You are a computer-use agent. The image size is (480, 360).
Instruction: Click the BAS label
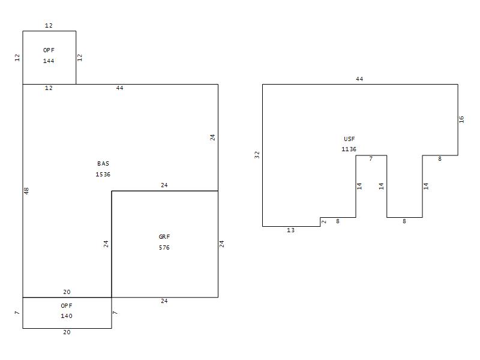coord(103,163)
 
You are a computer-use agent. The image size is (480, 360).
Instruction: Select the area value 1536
coord(103,174)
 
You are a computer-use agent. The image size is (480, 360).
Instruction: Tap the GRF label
coord(164,236)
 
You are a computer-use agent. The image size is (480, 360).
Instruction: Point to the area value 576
coord(164,247)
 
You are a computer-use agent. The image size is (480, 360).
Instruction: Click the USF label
coord(349,139)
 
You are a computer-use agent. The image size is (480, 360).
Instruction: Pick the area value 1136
coord(349,149)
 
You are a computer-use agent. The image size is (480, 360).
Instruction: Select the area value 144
coord(49,61)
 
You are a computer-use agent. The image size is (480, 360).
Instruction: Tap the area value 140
coord(67,316)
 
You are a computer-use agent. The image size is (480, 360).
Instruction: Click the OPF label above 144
coord(49,50)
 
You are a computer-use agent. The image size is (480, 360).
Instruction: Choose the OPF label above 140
coord(67,305)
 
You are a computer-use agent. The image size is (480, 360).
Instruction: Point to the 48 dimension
coord(26,191)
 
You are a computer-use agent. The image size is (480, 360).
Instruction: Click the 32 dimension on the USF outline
coord(257,155)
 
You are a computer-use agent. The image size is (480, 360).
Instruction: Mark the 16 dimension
coord(461,119)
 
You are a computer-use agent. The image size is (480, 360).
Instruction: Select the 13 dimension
coord(291,230)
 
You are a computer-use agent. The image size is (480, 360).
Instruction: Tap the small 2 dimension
coord(324,221)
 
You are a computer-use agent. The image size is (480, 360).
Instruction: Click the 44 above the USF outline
coord(359,79)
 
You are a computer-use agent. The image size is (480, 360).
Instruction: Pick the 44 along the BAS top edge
coord(119,88)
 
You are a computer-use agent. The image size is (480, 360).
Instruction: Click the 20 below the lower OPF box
coord(67,332)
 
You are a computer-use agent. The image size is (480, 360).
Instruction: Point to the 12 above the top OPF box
coord(49,25)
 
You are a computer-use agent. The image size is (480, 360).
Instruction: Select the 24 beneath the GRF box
coord(164,301)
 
